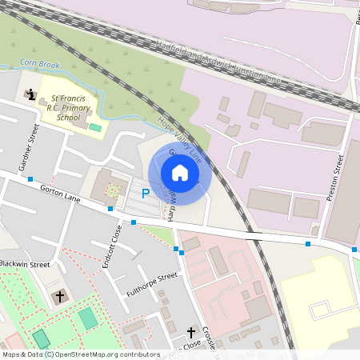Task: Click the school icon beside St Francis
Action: point(30,95)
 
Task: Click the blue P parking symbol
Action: point(146,193)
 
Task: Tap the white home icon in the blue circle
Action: point(179,172)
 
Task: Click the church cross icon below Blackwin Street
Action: point(59,296)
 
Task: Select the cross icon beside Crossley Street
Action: point(191,331)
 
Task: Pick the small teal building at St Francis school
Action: point(96,127)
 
